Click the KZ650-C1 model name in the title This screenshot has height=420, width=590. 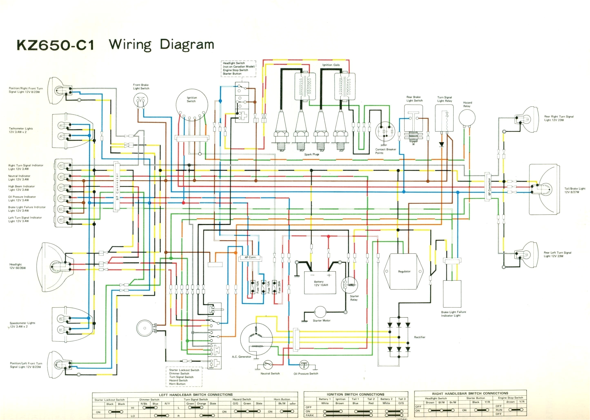56,45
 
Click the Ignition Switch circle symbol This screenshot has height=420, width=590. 192,105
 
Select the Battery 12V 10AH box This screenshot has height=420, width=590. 320,283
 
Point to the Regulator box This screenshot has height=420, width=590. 404,272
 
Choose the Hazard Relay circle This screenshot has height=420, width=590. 467,117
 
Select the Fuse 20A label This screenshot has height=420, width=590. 279,287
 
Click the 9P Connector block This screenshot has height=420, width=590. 116,187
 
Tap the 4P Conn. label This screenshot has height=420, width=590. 250,258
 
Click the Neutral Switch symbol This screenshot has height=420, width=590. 268,365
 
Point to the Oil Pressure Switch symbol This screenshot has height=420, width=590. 304,365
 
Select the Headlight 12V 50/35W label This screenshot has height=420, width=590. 18,266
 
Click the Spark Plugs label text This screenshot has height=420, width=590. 312,154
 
